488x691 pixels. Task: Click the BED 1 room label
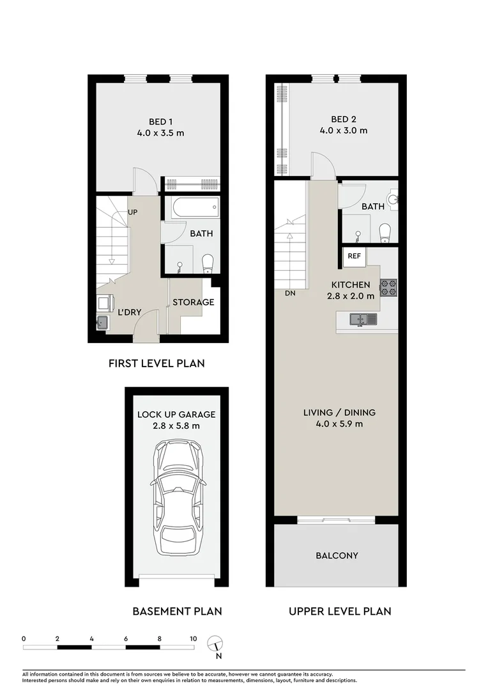click(x=160, y=122)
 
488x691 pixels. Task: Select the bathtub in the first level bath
click(x=192, y=207)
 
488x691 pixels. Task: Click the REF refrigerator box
click(x=354, y=256)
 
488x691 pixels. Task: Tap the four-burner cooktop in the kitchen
click(x=389, y=288)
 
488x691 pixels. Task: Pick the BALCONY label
click(x=337, y=556)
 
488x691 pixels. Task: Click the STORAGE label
click(x=193, y=302)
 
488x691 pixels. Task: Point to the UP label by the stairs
click(x=133, y=212)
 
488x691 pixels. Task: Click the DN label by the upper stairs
click(x=290, y=294)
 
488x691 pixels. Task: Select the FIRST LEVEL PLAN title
click(x=156, y=363)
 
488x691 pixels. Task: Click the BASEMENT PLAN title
click(x=177, y=611)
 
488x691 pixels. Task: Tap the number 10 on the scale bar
click(x=193, y=639)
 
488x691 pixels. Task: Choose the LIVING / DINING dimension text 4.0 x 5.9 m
click(x=339, y=424)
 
